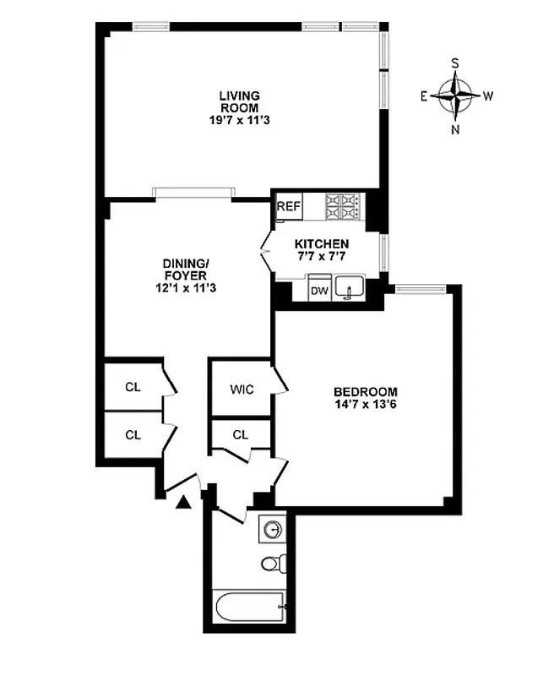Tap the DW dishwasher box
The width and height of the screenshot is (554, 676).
pyautogui.click(x=319, y=291)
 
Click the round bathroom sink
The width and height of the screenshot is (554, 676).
pyautogui.click(x=273, y=530)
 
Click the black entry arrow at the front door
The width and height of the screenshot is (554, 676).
pyautogui.click(x=183, y=504)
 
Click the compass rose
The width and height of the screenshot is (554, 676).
pyautogui.click(x=455, y=95)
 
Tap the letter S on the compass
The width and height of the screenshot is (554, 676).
pyautogui.click(x=455, y=63)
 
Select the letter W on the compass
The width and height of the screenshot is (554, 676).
pyautogui.click(x=488, y=95)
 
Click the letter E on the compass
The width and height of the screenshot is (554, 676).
pyautogui.click(x=424, y=96)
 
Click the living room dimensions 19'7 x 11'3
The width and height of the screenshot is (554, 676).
pyautogui.click(x=240, y=120)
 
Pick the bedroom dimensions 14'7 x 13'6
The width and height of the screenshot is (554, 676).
pyautogui.click(x=366, y=405)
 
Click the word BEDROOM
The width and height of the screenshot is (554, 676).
pyautogui.click(x=365, y=392)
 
